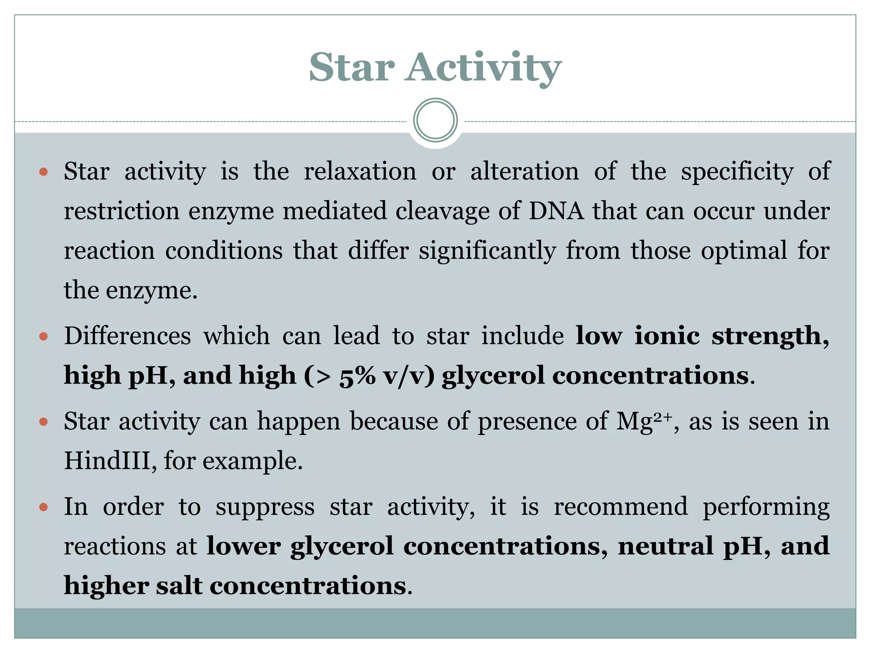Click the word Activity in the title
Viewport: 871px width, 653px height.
pos(483,68)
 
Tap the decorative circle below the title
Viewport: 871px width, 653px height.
pos(435,120)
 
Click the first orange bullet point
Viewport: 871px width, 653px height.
pos(43,172)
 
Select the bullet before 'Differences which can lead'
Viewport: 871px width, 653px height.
pos(43,337)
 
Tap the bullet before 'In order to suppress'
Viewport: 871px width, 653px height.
pos(43,507)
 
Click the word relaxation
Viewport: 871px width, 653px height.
pos(360,171)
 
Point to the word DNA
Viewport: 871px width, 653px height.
pos(556,211)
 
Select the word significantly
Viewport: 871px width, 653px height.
pos(487,251)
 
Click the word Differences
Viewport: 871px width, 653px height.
pos(128,336)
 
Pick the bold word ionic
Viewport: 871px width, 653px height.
pos(667,336)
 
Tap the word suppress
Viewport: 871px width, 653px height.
pos(265,507)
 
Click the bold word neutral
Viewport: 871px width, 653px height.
pos(665,546)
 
